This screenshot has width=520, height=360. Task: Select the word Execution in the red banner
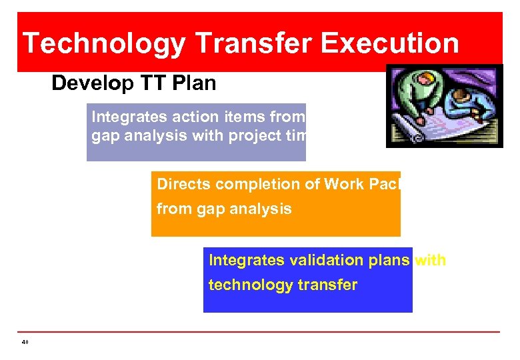point(390,44)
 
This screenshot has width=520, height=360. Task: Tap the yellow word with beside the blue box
point(431,260)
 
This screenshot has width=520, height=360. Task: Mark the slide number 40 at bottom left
point(25,342)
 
